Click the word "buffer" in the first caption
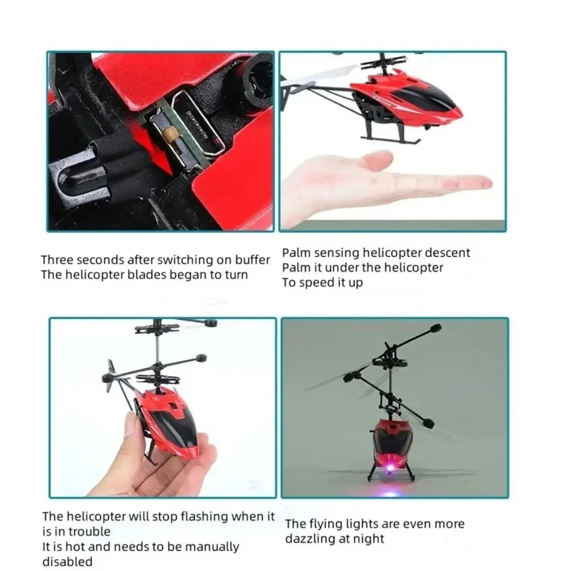click(x=251, y=260)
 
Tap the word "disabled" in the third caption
click(x=67, y=562)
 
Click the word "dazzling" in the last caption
click(x=313, y=538)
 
